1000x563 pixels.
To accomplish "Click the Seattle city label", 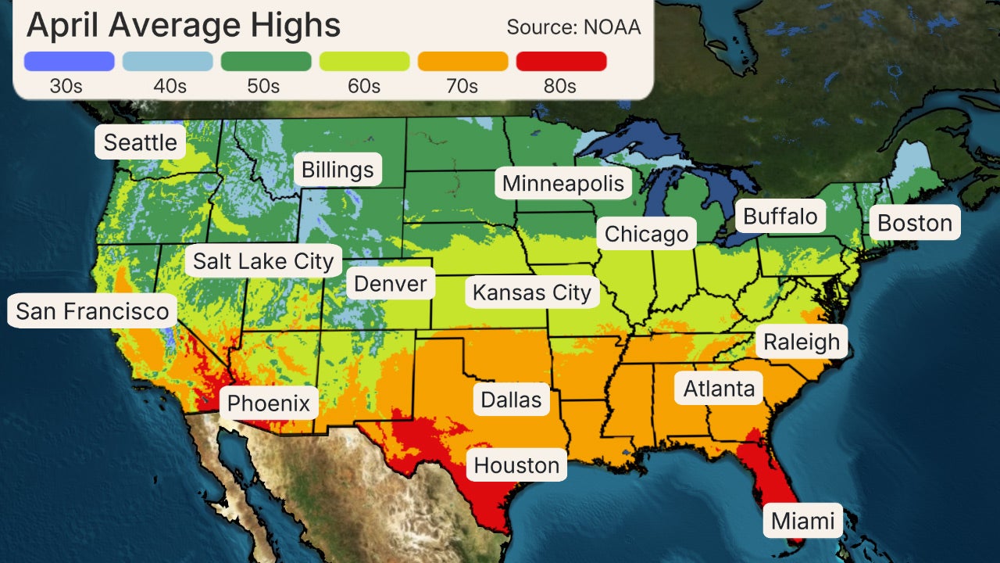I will [141, 142].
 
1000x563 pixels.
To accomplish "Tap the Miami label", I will [803, 521].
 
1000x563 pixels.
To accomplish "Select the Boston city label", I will [915, 223].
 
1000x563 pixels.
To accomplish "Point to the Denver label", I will [391, 283].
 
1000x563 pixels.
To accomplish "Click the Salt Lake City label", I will [263, 261].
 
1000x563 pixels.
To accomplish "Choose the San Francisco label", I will [92, 311].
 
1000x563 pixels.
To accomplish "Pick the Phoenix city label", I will [269, 404].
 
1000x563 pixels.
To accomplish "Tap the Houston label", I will [516, 465].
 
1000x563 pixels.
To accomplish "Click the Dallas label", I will [511, 400].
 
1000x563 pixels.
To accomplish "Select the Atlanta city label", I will [719, 389].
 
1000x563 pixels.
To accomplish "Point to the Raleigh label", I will [801, 342].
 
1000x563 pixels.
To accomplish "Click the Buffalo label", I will [780, 217].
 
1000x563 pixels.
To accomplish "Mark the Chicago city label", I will [646, 234].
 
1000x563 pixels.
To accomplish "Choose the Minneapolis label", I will [563, 184].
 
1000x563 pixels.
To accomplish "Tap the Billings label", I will [337, 170].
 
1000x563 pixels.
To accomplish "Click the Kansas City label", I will [531, 293].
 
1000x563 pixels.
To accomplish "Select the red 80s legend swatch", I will [561, 61].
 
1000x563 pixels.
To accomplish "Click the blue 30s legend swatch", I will [70, 61].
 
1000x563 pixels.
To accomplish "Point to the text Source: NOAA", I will [573, 27].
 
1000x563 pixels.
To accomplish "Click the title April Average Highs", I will [184, 25].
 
